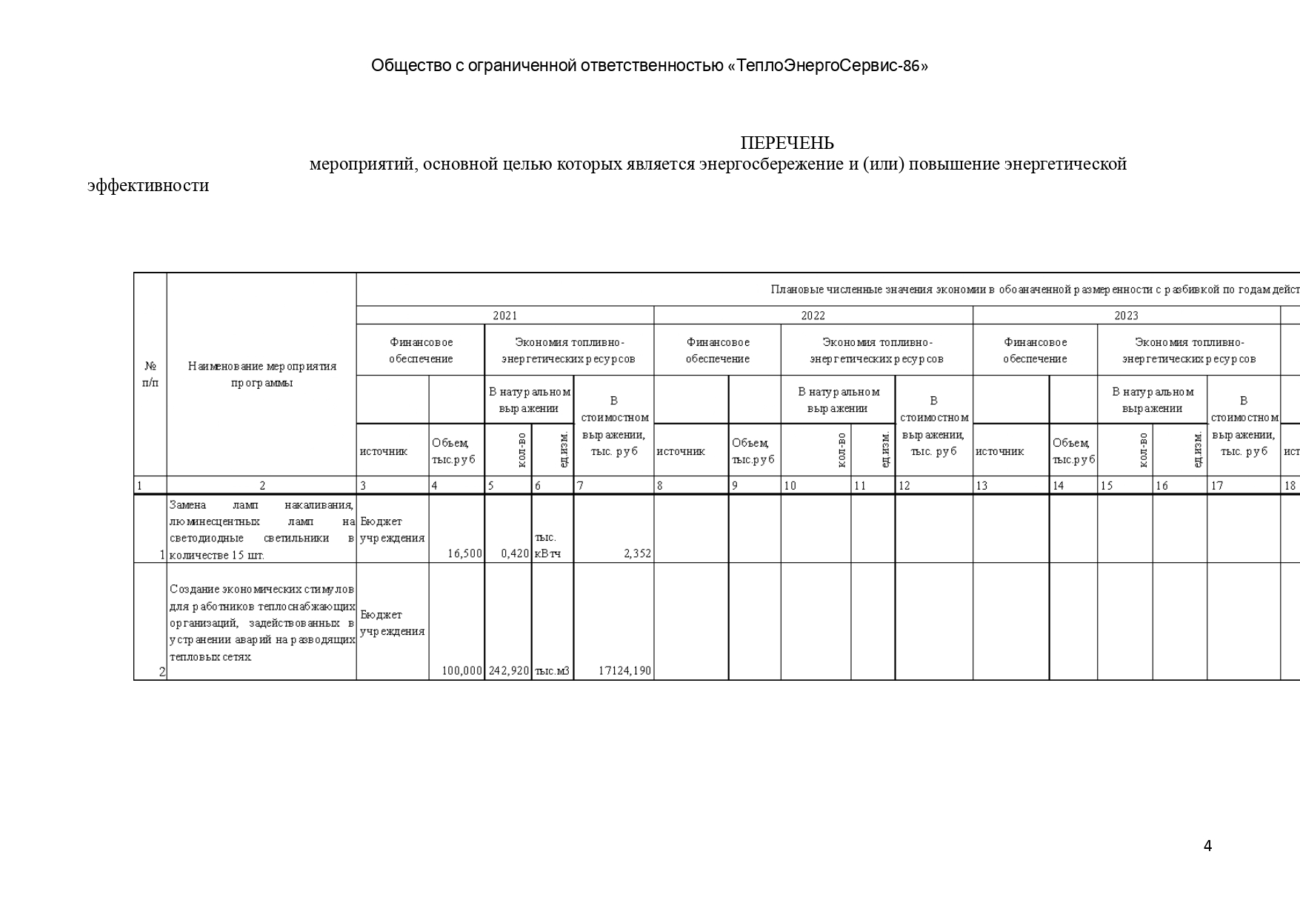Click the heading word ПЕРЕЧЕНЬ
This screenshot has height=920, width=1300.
click(x=787, y=143)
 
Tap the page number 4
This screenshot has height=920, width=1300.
click(x=1207, y=846)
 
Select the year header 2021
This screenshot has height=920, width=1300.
click(x=505, y=316)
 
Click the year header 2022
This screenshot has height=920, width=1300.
click(x=813, y=316)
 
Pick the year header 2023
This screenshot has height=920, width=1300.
click(x=1126, y=316)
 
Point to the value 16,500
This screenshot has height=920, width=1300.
click(x=464, y=553)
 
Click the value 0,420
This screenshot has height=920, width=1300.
click(x=515, y=553)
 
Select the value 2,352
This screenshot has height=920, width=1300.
click(x=637, y=553)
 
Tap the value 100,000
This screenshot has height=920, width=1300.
click(x=462, y=670)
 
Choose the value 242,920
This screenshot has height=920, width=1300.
click(x=509, y=670)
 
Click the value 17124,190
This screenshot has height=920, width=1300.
click(x=624, y=670)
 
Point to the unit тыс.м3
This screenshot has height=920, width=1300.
click(x=552, y=670)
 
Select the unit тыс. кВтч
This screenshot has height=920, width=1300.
click(x=547, y=545)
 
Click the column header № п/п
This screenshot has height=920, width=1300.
click(x=150, y=374)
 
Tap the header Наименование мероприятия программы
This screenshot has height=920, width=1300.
click(x=261, y=374)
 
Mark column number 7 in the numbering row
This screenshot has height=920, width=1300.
click(x=581, y=486)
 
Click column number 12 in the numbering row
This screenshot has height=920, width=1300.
click(x=904, y=486)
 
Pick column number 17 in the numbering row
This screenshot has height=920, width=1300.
click(x=1216, y=486)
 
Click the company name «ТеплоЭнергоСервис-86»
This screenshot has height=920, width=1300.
click(x=827, y=66)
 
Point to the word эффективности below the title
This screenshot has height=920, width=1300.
click(x=148, y=185)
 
